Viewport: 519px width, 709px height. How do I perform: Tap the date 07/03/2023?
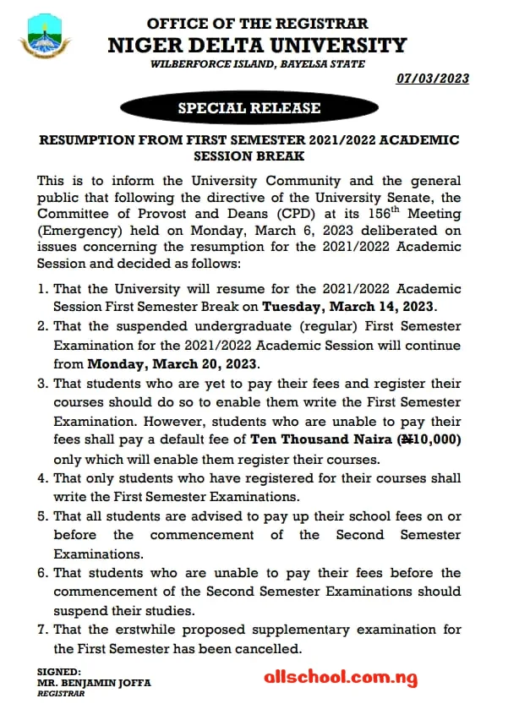[x=432, y=79]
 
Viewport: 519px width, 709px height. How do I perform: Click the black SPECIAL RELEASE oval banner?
[x=249, y=107]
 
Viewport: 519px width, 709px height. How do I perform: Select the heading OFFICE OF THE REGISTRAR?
[x=258, y=24]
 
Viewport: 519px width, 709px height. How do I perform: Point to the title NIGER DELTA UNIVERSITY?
[x=257, y=45]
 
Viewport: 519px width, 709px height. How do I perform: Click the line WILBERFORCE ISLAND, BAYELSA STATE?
[x=258, y=64]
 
